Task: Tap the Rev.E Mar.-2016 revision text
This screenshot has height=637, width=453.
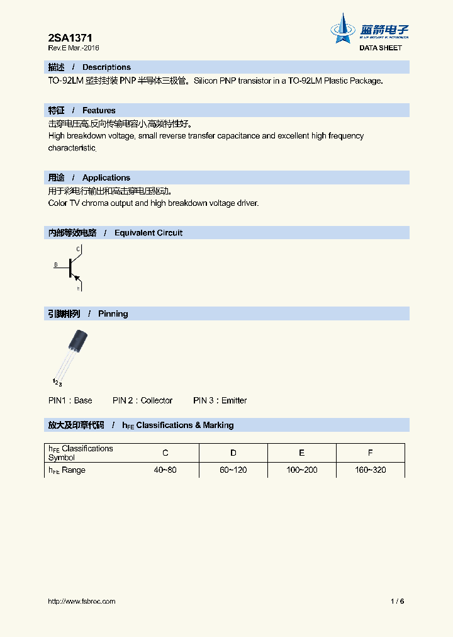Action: coord(74,48)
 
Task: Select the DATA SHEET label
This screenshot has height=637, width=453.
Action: coord(380,48)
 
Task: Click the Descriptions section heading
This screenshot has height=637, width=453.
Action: coord(106,67)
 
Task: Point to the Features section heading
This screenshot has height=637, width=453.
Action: coord(99,110)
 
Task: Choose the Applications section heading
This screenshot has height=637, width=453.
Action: coord(106,178)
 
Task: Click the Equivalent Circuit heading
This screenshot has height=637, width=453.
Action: coord(148,233)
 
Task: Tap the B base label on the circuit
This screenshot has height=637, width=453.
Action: coord(55,265)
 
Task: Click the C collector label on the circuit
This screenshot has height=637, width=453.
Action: coord(78,249)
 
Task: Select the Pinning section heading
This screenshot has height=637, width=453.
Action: coord(113,313)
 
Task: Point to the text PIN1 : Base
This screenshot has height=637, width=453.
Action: coord(70,400)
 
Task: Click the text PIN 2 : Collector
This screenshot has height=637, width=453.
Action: coord(142,400)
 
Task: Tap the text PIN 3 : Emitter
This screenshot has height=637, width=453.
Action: coord(220,400)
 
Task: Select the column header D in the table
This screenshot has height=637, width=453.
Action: coord(233,453)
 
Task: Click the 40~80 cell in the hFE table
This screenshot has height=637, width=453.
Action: coord(165,470)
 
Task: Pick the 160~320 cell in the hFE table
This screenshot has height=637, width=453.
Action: coord(371,470)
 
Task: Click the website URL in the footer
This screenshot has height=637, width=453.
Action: coord(82,601)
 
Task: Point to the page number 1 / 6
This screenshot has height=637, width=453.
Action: coord(397,601)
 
